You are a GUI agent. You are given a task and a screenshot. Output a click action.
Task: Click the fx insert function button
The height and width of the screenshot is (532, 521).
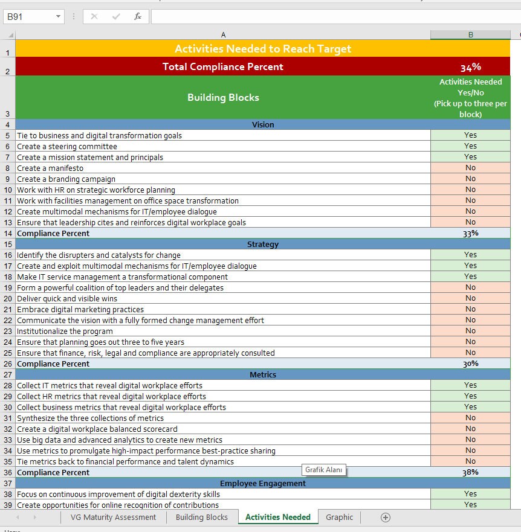coord(138,17)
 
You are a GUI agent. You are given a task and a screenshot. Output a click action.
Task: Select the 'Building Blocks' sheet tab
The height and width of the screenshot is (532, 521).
coord(202,517)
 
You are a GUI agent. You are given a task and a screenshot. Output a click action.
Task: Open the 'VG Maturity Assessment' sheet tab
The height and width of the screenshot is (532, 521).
coord(113,517)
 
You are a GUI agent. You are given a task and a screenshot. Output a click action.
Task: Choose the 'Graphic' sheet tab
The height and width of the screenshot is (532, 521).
coord(339,517)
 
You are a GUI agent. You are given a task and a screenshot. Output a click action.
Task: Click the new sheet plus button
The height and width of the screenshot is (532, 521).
coord(386,517)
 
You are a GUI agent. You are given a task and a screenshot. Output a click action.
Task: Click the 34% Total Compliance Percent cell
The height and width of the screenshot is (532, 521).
coord(470,67)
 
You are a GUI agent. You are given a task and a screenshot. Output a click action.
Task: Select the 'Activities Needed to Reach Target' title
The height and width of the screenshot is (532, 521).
coord(263,49)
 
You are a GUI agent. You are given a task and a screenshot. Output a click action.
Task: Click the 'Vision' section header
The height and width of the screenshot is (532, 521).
coord(263,124)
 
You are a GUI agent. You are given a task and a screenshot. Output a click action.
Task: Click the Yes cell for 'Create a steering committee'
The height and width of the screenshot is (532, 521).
coord(470,146)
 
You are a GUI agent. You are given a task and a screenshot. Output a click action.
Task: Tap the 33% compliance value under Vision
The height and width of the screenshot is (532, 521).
coord(470,233)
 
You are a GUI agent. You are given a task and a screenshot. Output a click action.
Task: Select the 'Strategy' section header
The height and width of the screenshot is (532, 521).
coord(263,244)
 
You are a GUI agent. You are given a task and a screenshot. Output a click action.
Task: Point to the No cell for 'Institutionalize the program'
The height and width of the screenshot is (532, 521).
coord(470,331)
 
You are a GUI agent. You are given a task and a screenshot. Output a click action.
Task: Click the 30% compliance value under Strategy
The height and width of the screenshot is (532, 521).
coord(470,364)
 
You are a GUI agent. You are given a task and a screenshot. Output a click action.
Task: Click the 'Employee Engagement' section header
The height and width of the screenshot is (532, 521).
coord(263,483)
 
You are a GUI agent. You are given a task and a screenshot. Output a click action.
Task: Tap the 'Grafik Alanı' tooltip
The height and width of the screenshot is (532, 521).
coord(324,470)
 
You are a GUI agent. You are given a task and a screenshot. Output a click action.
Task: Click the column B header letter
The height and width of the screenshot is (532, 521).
coord(470,35)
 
